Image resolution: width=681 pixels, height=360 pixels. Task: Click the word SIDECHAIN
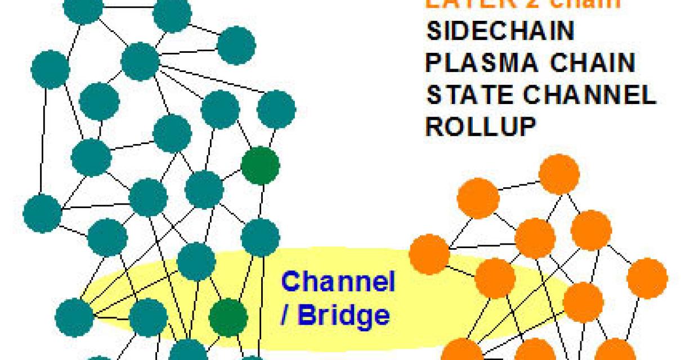click(500, 31)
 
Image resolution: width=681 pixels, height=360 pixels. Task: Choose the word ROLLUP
click(480, 127)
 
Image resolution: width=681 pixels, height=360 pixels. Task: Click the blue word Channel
click(338, 282)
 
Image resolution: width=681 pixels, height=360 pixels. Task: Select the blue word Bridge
click(343, 315)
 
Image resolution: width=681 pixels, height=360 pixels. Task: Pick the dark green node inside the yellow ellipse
click(228, 317)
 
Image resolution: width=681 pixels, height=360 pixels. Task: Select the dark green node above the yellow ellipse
click(260, 165)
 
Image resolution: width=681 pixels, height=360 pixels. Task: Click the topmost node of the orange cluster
click(559, 174)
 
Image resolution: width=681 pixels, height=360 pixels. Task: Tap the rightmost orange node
click(647, 278)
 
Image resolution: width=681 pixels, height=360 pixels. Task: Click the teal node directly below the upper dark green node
click(260, 236)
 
